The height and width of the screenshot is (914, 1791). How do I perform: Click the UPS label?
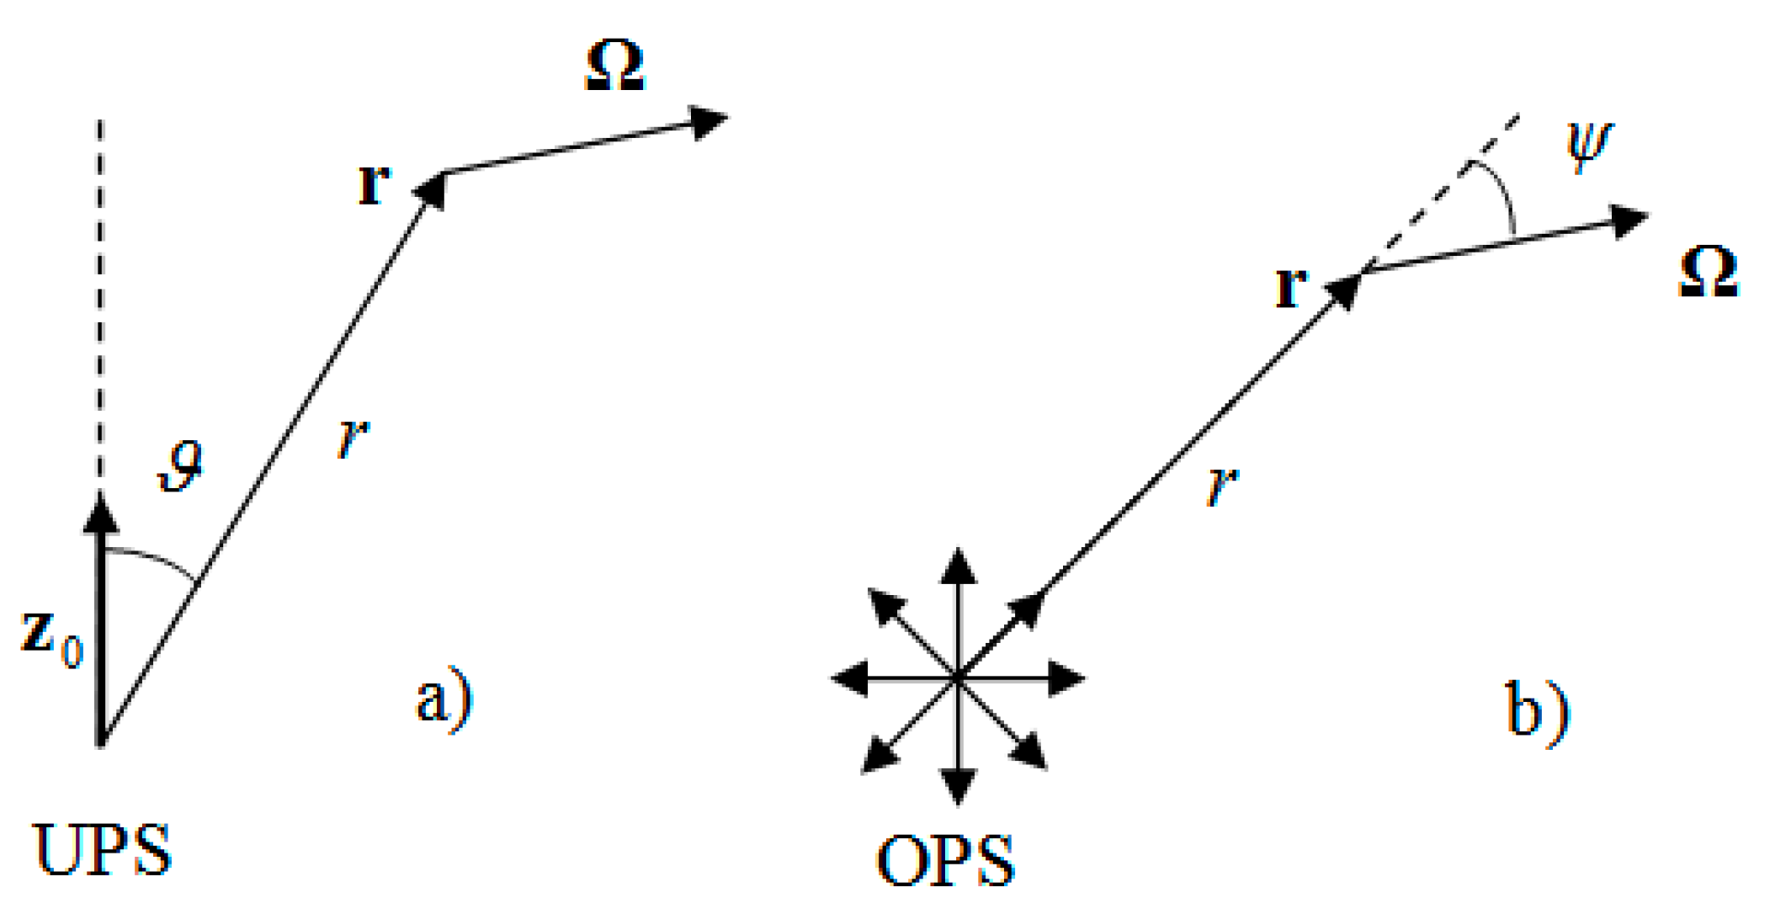point(103,850)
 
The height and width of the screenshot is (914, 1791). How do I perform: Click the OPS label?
point(945,860)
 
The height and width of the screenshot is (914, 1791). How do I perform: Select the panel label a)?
point(444,699)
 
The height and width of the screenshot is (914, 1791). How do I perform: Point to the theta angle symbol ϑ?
point(181,466)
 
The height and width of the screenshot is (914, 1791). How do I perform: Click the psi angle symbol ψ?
point(1589,144)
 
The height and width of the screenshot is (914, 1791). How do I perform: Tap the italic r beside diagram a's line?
point(353,438)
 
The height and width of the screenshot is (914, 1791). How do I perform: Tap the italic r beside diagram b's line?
point(1223,486)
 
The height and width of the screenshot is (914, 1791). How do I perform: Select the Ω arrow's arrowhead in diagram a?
point(707,123)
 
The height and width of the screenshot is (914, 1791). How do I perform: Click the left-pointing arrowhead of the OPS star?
point(850,678)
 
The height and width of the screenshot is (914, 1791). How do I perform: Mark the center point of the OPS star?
point(958,678)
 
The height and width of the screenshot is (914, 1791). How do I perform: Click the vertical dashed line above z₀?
point(101,303)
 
